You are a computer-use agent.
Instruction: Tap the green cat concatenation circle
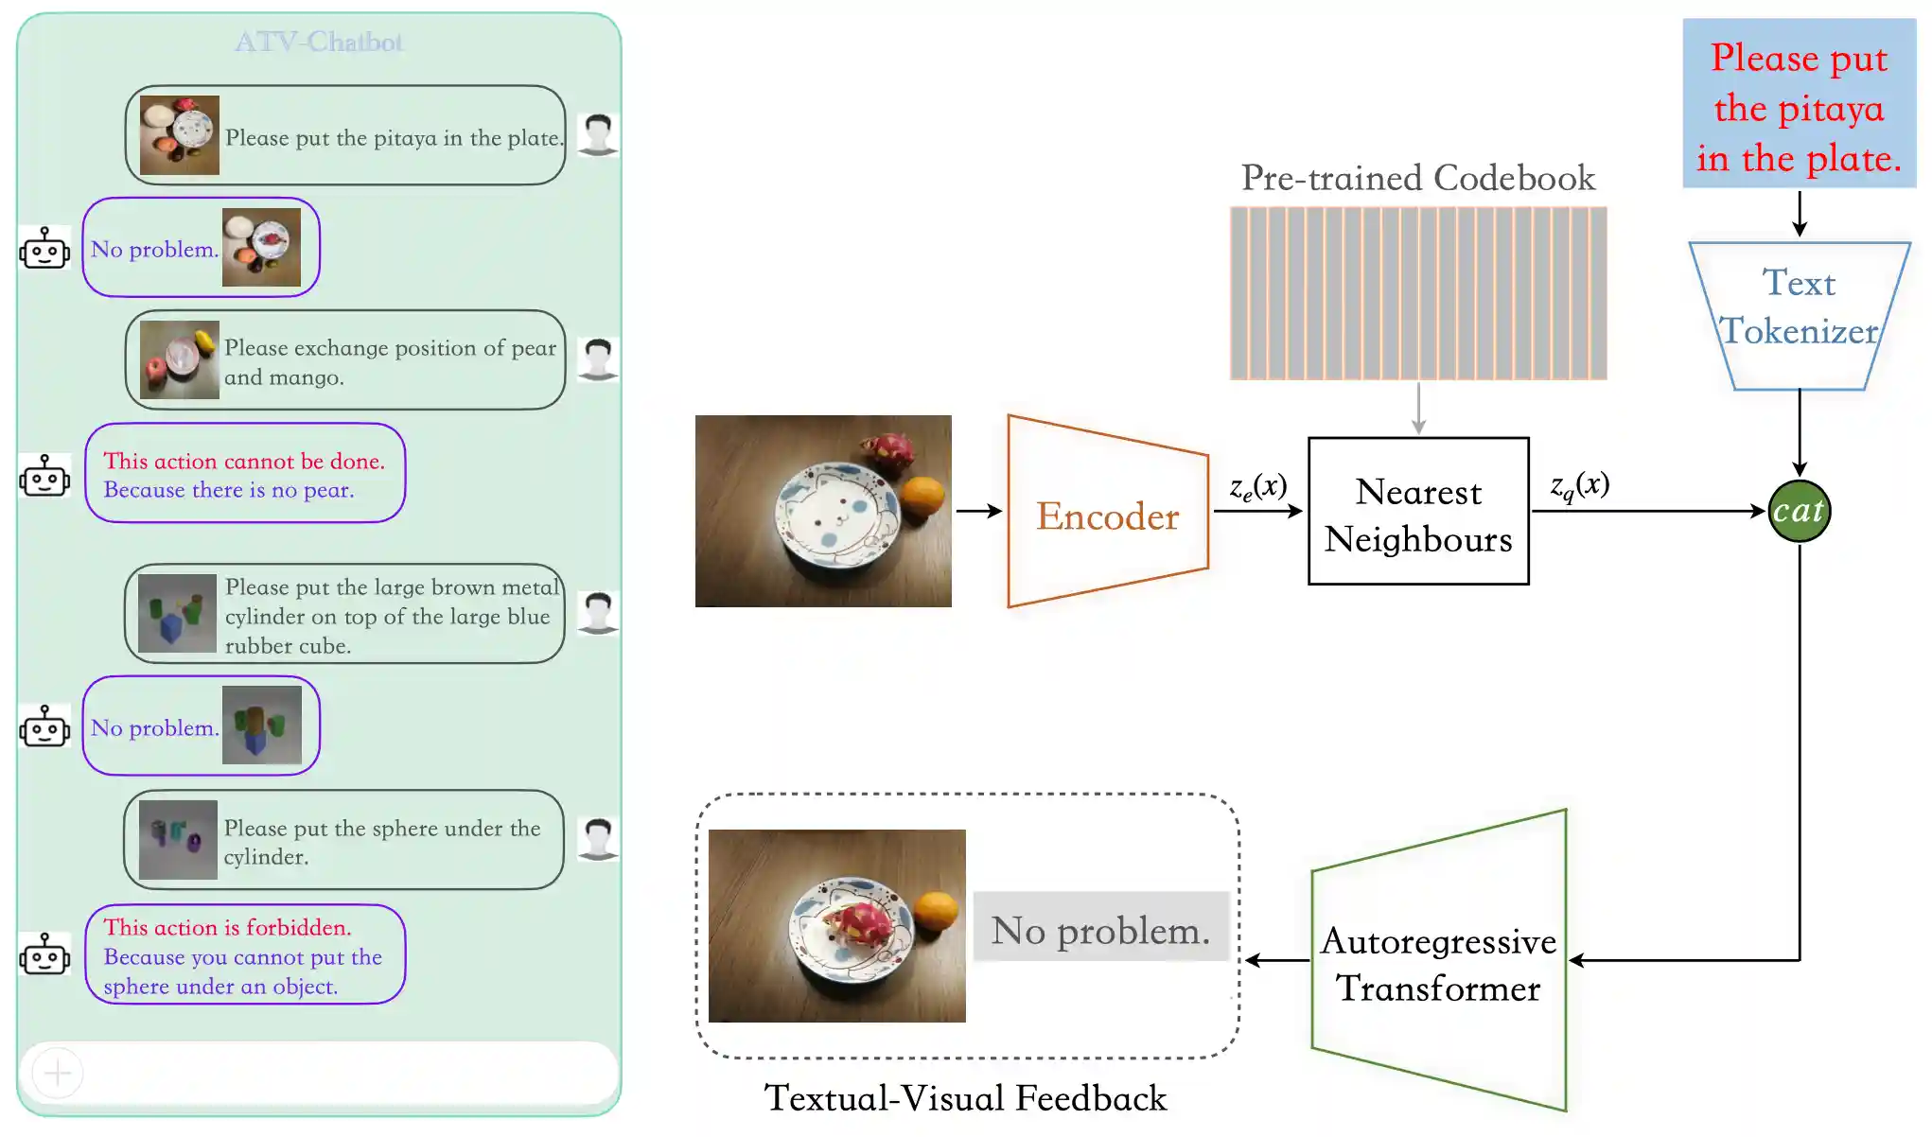pyautogui.click(x=1799, y=511)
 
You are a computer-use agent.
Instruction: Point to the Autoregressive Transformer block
pyautogui.click(x=1438, y=963)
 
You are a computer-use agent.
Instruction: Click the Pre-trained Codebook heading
pyautogui.click(x=1417, y=178)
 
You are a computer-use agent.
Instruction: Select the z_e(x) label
pyautogui.click(x=1257, y=487)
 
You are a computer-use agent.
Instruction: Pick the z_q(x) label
pyautogui.click(x=1579, y=485)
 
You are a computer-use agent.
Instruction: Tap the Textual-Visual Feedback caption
pyautogui.click(x=965, y=1098)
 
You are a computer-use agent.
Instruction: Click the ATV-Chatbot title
pyautogui.click(x=319, y=42)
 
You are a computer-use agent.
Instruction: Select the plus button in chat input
pyautogui.click(x=58, y=1073)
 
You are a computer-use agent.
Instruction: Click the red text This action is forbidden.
pyautogui.click(x=227, y=927)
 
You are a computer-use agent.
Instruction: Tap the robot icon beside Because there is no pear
pyautogui.click(x=44, y=476)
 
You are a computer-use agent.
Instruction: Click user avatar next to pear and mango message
pyautogui.click(x=598, y=359)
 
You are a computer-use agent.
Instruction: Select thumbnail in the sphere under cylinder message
pyautogui.click(x=178, y=840)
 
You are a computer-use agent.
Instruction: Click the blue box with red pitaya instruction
pyautogui.click(x=1798, y=104)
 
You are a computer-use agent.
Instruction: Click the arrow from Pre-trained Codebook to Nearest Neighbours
pyautogui.click(x=1417, y=408)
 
